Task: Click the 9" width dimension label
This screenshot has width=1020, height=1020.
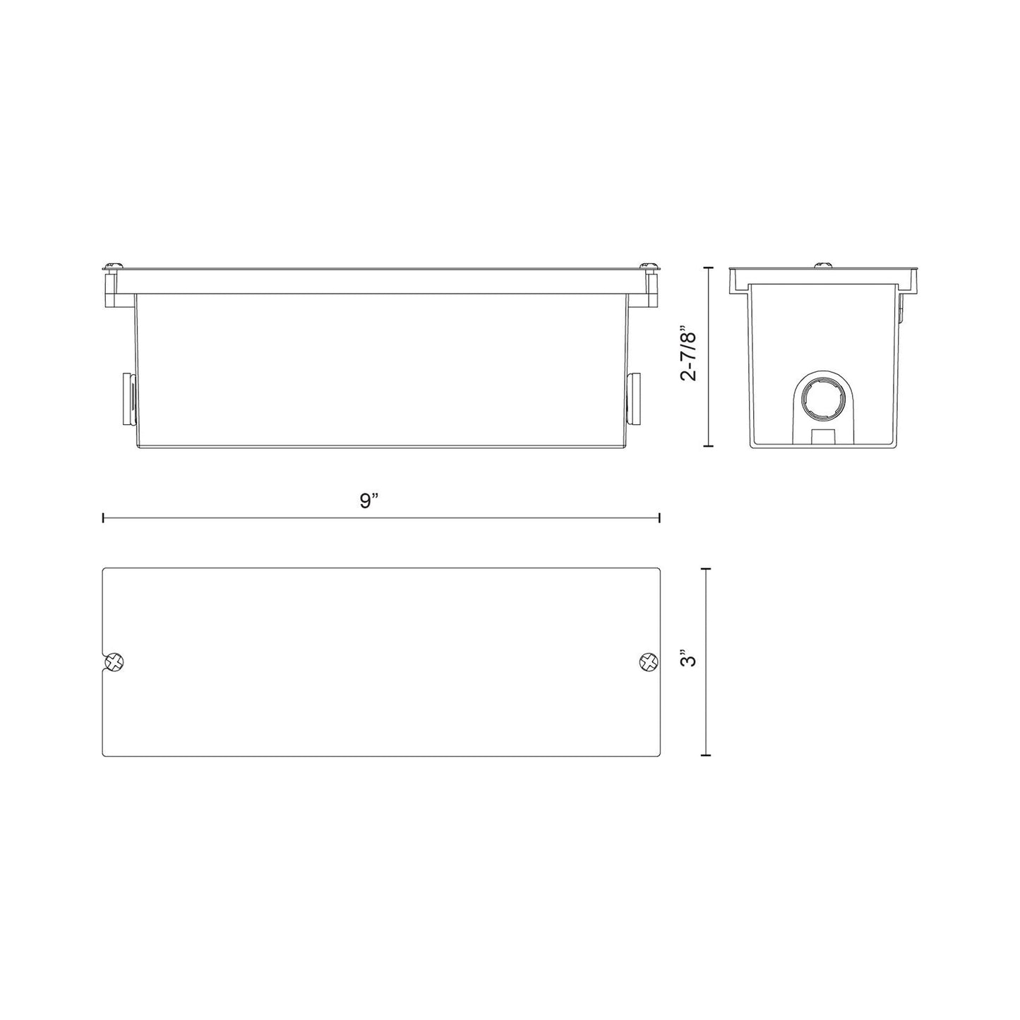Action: tap(369, 501)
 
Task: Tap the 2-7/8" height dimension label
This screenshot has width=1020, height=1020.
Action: tap(688, 353)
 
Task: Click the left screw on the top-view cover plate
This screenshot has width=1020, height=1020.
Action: tap(114, 662)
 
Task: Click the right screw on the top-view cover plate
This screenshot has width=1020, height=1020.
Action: tap(647, 662)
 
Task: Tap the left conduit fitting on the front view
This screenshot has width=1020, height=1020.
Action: tap(129, 400)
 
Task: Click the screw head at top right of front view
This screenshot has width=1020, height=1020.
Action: tap(649, 265)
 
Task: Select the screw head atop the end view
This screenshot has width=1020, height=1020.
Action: tap(823, 265)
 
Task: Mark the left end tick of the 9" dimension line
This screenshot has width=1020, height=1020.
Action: tap(104, 518)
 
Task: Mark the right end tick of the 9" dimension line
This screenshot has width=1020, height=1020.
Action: tap(659, 518)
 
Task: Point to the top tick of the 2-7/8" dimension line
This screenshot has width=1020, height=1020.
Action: tap(709, 268)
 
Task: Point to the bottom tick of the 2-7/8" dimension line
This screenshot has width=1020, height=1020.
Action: tap(709, 446)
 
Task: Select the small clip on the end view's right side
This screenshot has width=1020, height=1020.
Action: tap(902, 311)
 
